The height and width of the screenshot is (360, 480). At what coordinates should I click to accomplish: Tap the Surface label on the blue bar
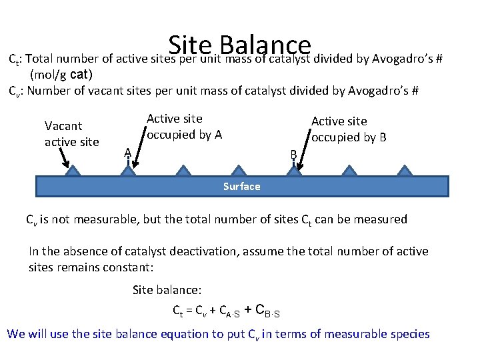241,186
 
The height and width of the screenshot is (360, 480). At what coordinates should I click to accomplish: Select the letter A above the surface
127,153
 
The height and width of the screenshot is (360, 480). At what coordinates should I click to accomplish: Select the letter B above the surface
293,155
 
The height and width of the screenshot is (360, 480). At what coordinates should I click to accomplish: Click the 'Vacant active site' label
71,133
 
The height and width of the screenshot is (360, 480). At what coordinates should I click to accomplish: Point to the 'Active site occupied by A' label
184,126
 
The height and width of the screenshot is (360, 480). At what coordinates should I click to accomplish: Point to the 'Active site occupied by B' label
349,129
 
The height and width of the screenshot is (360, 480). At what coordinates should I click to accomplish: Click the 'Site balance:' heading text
167,290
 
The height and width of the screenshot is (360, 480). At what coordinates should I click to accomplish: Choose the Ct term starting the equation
179,311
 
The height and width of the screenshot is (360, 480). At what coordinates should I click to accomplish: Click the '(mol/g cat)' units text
61,74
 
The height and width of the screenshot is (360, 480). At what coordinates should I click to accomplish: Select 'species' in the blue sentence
408,333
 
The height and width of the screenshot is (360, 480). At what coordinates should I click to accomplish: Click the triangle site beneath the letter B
293,171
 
